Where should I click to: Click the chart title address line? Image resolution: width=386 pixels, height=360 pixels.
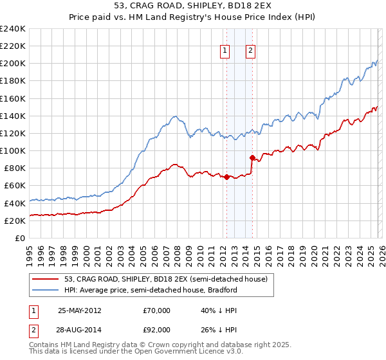click(x=193, y=6)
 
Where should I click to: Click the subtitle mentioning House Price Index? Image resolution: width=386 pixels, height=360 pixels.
click(x=193, y=17)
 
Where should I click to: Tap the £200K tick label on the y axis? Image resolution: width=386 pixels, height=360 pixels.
click(x=13, y=64)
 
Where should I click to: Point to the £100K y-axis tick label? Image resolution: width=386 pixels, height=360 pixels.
click(x=13, y=150)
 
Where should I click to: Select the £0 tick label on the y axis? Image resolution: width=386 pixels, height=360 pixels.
click(x=19, y=238)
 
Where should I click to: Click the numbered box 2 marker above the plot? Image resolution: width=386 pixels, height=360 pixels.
click(x=251, y=51)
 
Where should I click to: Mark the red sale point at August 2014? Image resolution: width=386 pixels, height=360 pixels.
click(x=252, y=157)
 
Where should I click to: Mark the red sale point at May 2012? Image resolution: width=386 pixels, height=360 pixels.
click(x=226, y=177)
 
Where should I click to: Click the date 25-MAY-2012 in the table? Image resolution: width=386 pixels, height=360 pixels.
click(x=80, y=310)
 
